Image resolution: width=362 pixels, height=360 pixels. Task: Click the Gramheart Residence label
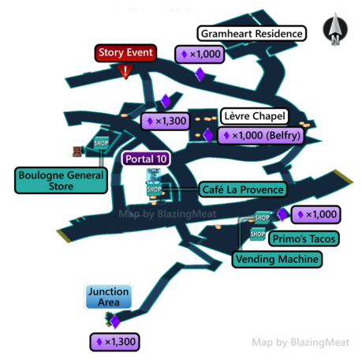tap(252, 33)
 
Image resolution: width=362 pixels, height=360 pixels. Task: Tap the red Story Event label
tap(125, 53)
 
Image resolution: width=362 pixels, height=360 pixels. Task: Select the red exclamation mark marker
tap(125, 72)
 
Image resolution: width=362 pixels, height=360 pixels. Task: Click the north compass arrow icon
tap(335, 29)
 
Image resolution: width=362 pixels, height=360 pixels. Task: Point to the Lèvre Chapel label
tap(255, 116)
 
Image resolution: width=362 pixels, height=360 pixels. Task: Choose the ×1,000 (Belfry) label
tap(261, 136)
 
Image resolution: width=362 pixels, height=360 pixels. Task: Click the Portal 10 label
tap(146, 159)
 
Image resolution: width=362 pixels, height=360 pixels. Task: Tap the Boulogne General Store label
tap(61, 181)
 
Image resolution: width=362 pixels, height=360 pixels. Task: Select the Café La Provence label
tap(243, 189)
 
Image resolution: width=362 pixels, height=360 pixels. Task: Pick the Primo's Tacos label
tap(304, 238)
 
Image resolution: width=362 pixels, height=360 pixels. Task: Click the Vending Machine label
tap(277, 259)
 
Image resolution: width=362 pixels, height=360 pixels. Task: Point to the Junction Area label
tap(109, 297)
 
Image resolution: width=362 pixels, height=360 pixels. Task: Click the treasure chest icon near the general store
tap(77, 152)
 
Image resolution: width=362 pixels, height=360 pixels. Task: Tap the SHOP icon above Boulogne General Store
tap(101, 143)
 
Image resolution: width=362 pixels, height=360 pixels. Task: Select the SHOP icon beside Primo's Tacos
tap(258, 234)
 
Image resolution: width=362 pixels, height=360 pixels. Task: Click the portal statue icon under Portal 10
tap(153, 177)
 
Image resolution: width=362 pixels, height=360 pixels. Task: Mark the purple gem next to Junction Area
tap(115, 322)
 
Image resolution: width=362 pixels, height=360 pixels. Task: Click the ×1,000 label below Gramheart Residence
tap(200, 54)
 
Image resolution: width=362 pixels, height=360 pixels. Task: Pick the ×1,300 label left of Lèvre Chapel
tap(166, 122)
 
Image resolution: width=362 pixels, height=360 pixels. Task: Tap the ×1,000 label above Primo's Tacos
tap(316, 215)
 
